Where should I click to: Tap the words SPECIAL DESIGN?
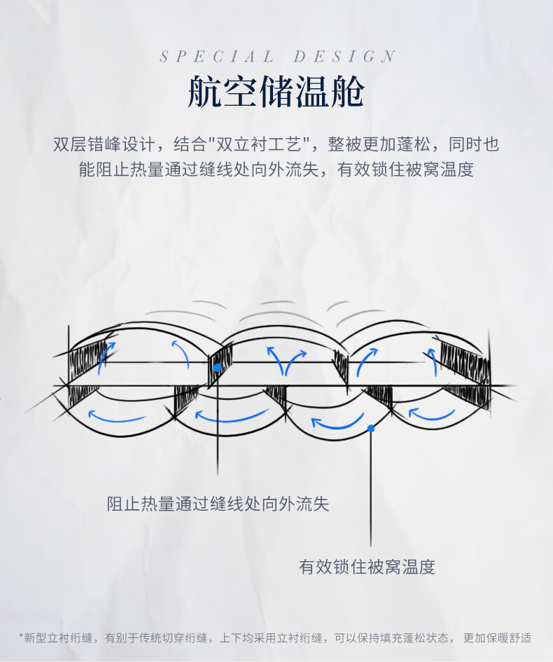coord(277,57)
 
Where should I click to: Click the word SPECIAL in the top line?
coord(217,57)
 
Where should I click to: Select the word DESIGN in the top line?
coord(344,57)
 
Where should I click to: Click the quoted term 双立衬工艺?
coord(260,145)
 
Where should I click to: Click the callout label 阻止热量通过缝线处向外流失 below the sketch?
coord(218,504)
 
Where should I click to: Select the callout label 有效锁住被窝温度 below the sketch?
coord(367,567)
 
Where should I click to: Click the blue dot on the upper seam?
coord(217,367)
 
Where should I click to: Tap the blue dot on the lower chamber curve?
coord(371,428)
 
